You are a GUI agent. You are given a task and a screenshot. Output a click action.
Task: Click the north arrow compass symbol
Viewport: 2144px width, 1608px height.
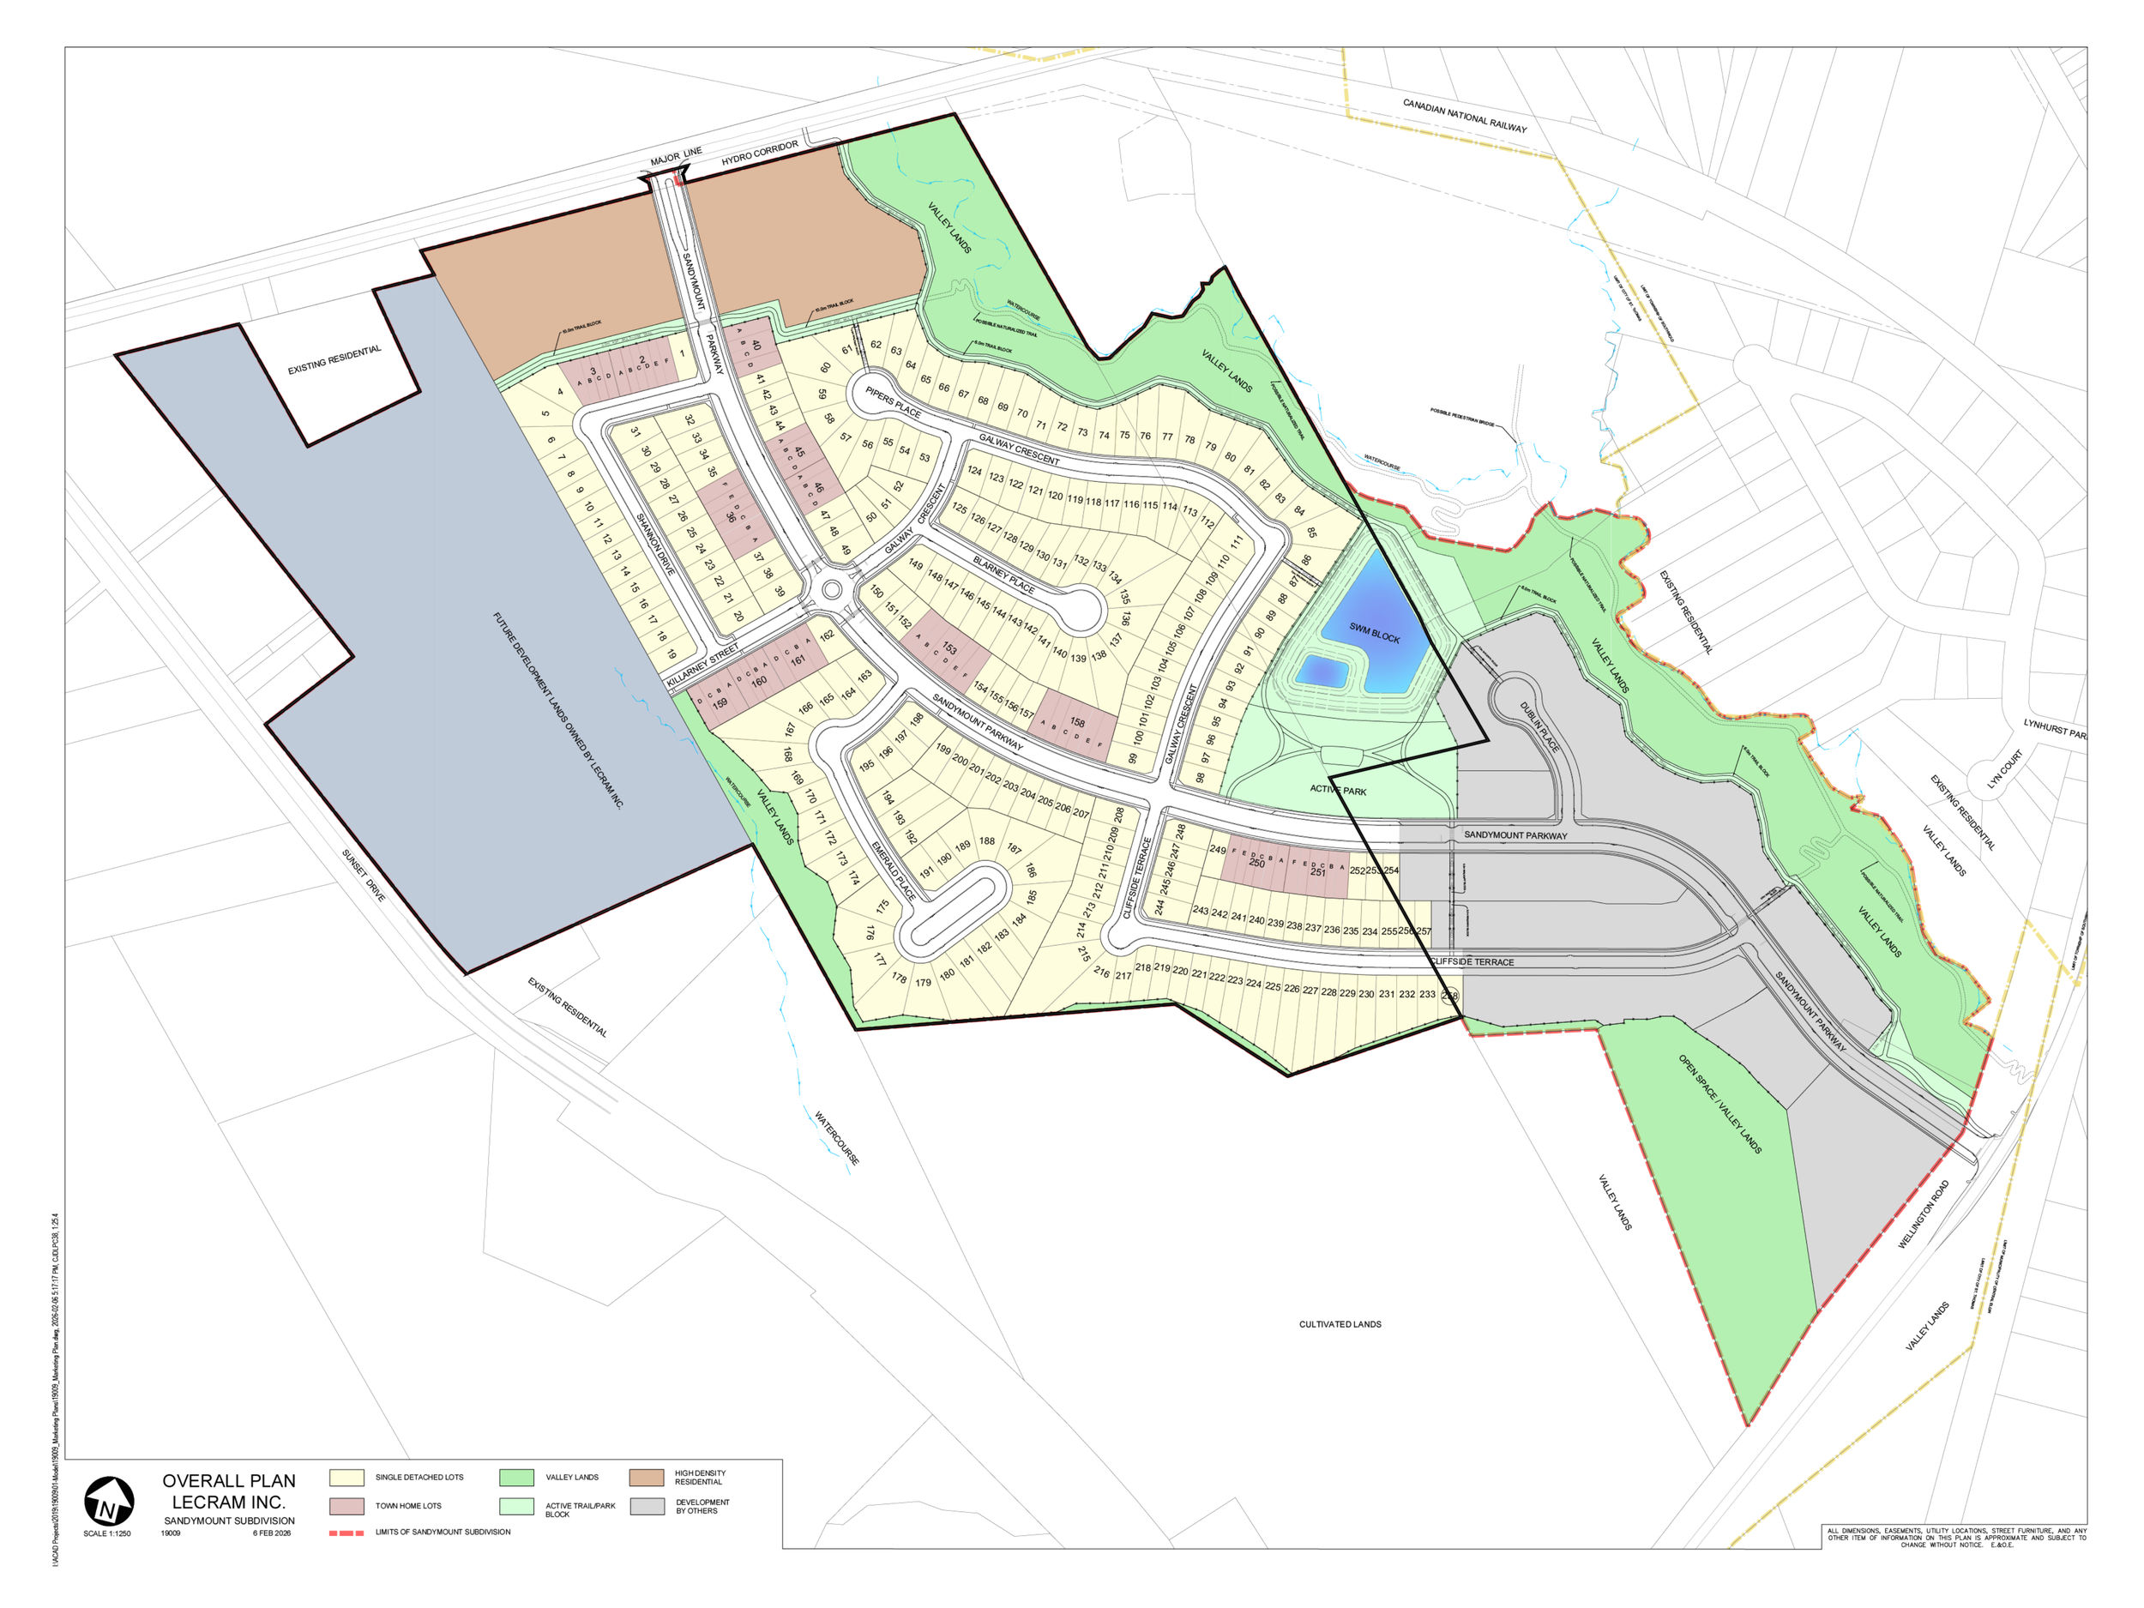pyautogui.click(x=109, y=1502)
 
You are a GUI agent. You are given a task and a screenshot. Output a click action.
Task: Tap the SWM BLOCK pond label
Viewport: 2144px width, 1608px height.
pyautogui.click(x=1375, y=633)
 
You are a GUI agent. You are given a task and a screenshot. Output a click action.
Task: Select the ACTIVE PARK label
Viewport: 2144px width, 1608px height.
pyautogui.click(x=1338, y=790)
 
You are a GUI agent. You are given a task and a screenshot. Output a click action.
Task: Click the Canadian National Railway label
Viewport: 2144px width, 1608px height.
pyautogui.click(x=1464, y=115)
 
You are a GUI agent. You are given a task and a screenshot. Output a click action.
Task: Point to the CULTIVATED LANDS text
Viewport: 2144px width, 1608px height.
pyautogui.click(x=1340, y=1324)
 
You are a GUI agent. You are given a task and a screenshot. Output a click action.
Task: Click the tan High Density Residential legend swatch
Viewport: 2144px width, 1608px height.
pyautogui.click(x=646, y=1477)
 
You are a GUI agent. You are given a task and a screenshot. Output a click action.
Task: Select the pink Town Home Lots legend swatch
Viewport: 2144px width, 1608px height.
pyautogui.click(x=346, y=1506)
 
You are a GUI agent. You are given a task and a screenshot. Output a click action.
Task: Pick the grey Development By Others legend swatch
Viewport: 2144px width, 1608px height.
pyautogui.click(x=646, y=1506)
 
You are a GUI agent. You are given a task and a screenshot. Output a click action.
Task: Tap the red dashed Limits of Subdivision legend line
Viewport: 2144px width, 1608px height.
pyautogui.click(x=346, y=1533)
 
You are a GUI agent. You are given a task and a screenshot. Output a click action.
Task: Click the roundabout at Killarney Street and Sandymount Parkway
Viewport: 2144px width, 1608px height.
pyautogui.click(x=831, y=589)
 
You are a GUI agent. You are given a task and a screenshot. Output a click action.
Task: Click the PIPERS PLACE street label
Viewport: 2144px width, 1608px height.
pyautogui.click(x=893, y=401)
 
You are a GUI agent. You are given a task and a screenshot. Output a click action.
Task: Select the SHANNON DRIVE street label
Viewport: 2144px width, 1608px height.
pyautogui.click(x=654, y=544)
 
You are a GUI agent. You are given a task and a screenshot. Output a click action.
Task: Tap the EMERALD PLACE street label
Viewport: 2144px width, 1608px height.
pyautogui.click(x=893, y=870)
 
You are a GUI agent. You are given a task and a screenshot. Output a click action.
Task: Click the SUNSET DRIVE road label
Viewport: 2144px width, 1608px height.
pyautogui.click(x=364, y=876)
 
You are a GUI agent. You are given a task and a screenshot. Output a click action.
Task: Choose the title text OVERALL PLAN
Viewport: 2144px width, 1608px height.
pyautogui.click(x=229, y=1481)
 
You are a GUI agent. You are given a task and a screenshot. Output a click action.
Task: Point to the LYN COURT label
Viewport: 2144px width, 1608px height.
pyautogui.click(x=2004, y=768)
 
